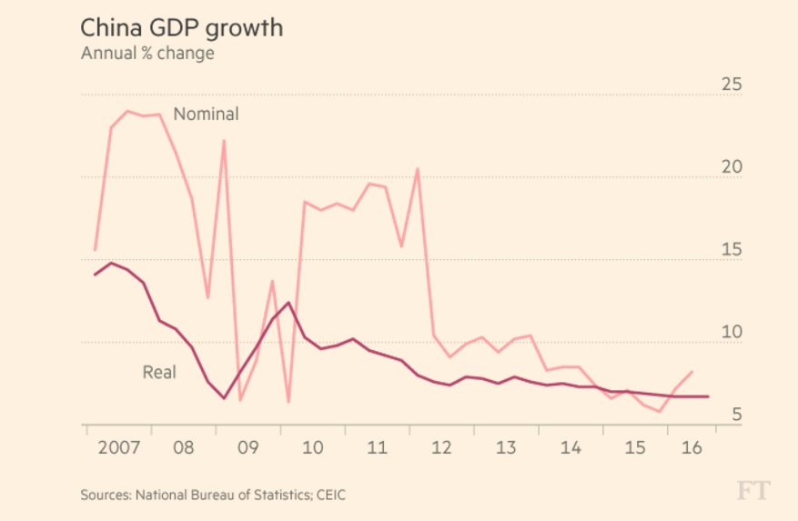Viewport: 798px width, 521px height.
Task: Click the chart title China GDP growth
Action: coord(182,28)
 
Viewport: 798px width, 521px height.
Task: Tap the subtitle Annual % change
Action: coord(147,54)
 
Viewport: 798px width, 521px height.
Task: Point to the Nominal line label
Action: coord(206,115)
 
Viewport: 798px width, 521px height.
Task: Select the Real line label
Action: coord(159,372)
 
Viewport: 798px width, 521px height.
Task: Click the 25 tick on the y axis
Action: coord(732,85)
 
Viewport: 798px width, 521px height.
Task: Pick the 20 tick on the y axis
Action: coord(732,168)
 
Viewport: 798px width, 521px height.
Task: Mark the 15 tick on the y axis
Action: coord(732,251)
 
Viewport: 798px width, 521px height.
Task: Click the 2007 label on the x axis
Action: coord(118,448)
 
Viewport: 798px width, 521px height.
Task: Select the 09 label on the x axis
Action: coord(248,448)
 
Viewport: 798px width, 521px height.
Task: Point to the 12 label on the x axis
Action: coord(442,448)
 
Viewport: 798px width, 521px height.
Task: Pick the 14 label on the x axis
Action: coord(571,448)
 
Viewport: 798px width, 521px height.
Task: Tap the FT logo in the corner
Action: coord(753,491)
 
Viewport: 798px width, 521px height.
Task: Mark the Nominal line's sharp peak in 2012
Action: coord(418,169)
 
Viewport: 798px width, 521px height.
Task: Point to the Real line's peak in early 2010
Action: coord(288,303)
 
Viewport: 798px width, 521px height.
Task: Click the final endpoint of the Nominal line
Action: coord(692,371)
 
